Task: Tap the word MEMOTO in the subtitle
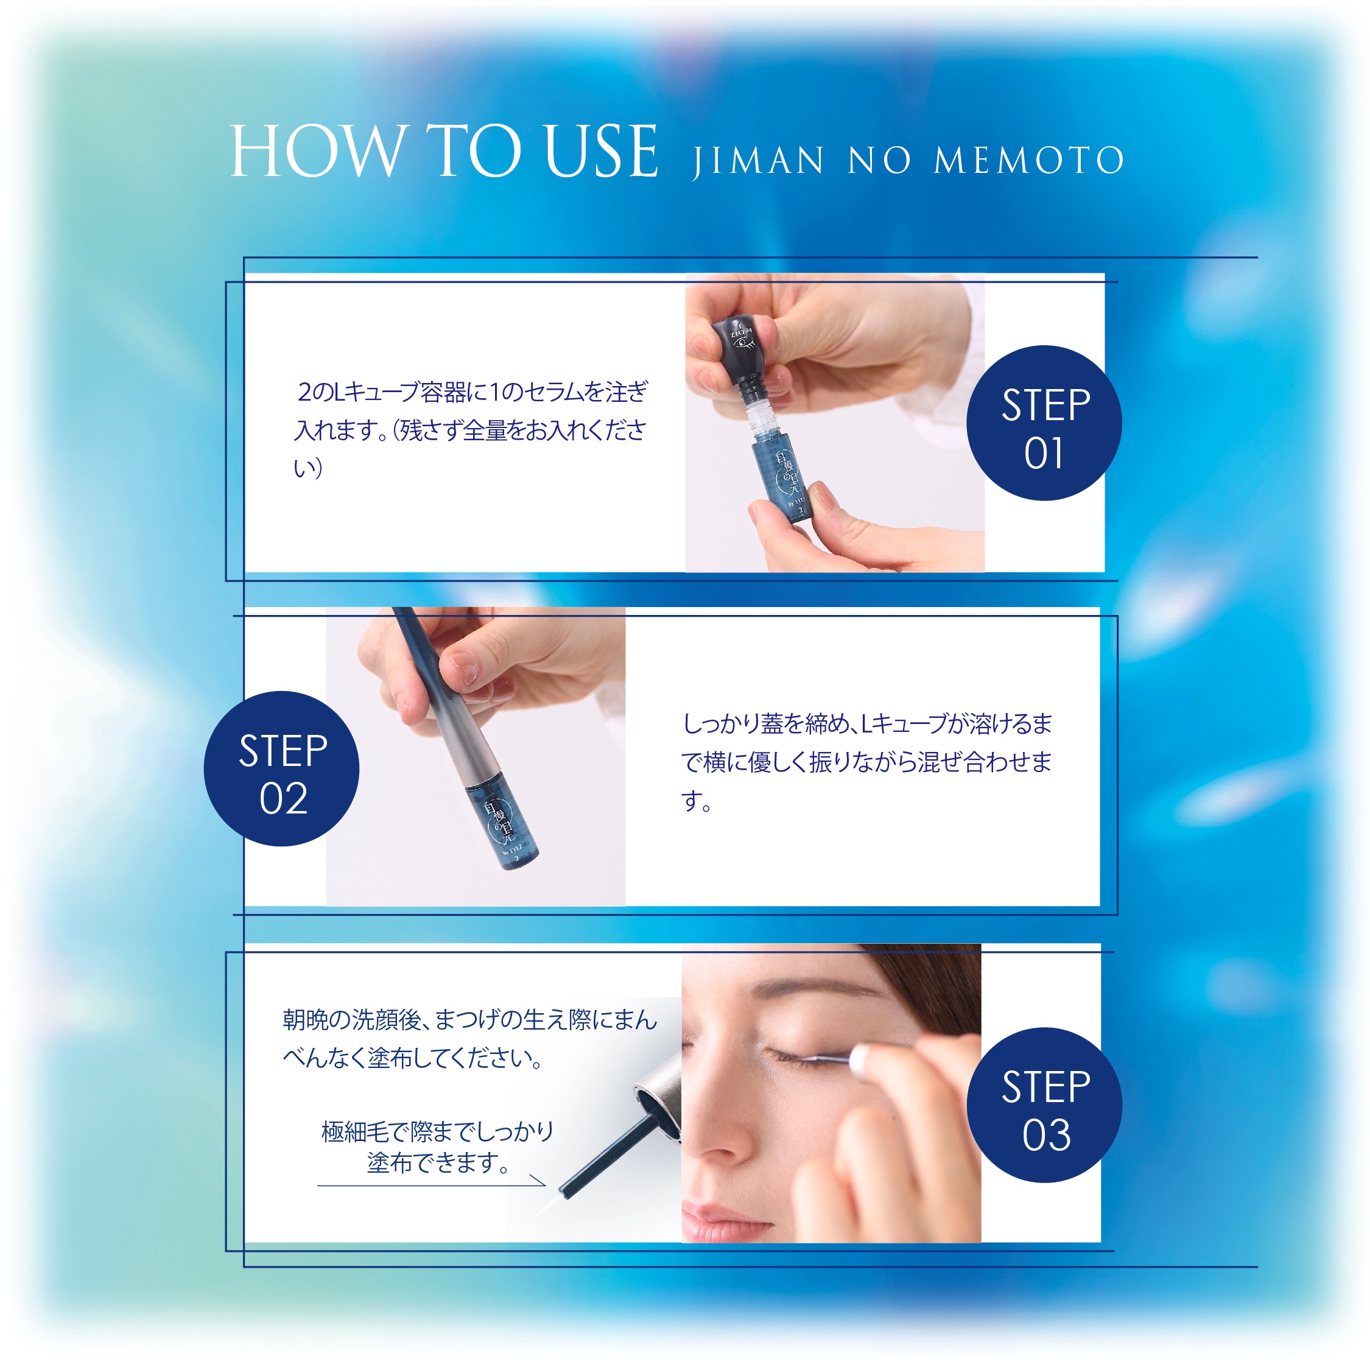click(x=1029, y=160)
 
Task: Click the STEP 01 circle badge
click(x=1044, y=423)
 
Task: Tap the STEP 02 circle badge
click(x=281, y=768)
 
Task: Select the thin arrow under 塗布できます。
click(x=431, y=1186)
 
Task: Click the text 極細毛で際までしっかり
click(x=437, y=1132)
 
